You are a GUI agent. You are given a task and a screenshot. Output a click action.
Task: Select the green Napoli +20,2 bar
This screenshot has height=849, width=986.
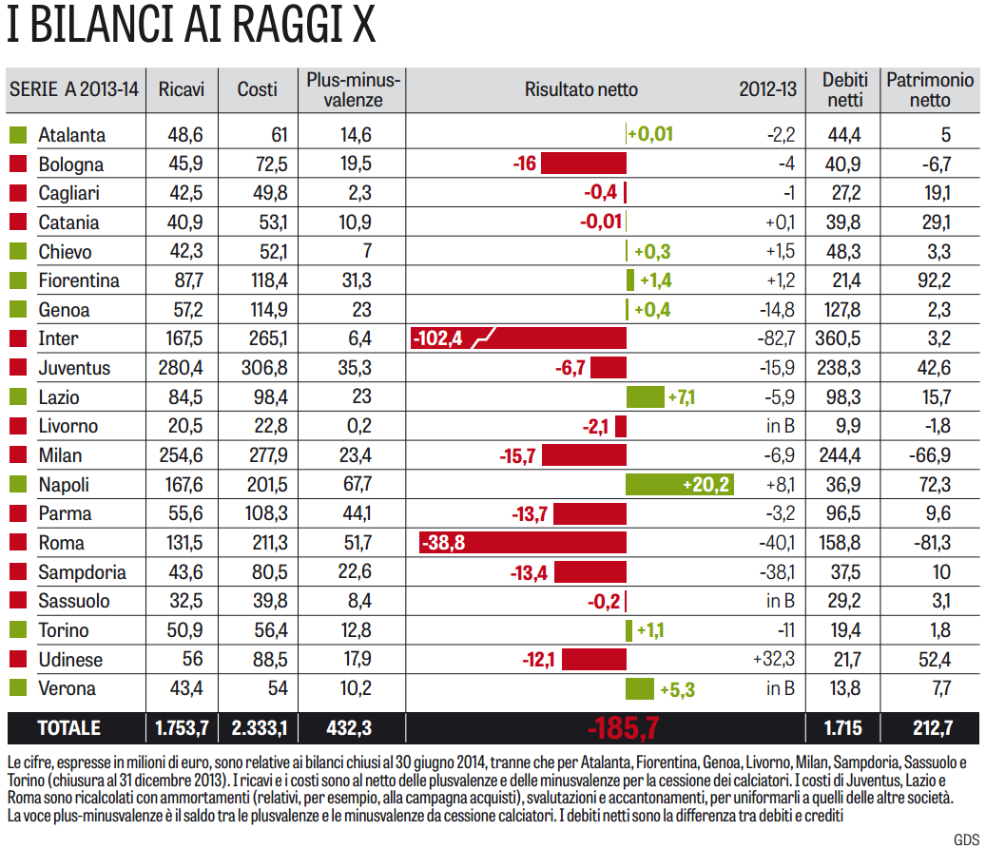[x=679, y=485]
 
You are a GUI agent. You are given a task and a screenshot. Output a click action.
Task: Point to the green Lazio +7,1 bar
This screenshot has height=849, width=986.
[x=645, y=397]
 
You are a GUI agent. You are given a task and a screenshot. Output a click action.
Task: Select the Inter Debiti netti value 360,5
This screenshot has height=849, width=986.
[x=843, y=338]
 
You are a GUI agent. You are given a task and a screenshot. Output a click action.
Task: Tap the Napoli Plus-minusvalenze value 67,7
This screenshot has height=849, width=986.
[x=356, y=485]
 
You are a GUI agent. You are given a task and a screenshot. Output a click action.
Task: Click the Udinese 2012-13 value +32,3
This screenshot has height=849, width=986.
[x=773, y=660]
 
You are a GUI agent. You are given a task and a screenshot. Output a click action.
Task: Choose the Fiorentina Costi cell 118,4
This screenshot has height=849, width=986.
[x=257, y=280]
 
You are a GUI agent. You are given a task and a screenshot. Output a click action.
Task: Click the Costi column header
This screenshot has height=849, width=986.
[x=257, y=89]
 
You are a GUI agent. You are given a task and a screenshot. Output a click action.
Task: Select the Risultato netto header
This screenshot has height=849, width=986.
[x=581, y=89]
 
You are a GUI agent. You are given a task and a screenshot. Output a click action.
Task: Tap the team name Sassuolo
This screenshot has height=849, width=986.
[x=74, y=602]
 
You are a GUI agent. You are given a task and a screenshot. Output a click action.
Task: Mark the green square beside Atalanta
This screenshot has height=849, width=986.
[x=17, y=135]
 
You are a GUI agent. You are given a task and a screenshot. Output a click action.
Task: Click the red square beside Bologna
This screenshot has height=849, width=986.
[x=17, y=164]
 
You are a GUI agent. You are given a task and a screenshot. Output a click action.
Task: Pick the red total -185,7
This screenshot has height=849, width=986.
[x=623, y=728]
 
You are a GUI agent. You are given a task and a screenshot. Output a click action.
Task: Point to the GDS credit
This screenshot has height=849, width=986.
[x=966, y=838]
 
